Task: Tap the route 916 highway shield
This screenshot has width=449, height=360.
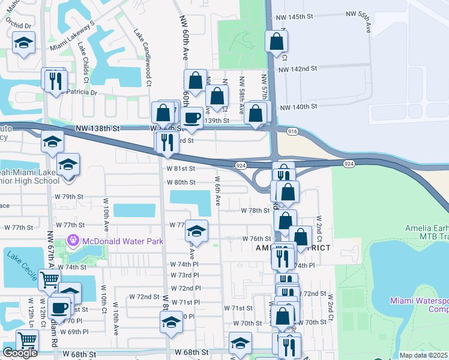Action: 292,131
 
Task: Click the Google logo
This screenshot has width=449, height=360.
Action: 20,353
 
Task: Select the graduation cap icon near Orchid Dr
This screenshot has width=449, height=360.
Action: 23,43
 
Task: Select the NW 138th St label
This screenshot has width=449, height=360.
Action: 98,128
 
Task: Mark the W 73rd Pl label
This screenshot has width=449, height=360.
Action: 185,275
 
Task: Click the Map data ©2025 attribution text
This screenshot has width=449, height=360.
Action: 424,355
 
